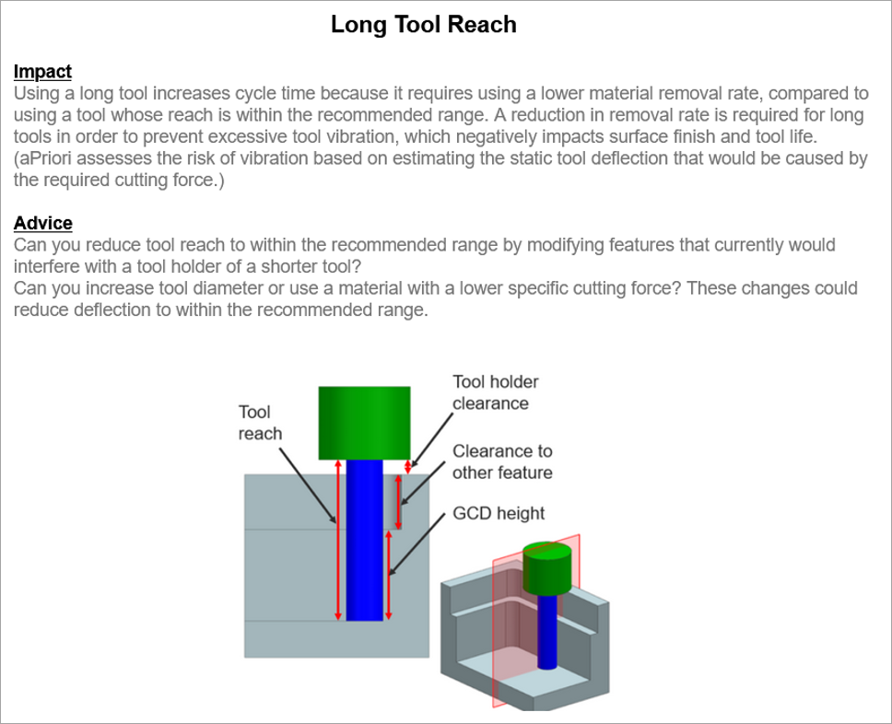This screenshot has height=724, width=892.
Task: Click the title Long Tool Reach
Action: [424, 25]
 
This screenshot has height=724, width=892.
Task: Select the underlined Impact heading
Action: [42, 72]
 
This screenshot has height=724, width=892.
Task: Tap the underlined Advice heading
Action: [43, 223]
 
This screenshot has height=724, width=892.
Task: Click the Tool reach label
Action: [260, 423]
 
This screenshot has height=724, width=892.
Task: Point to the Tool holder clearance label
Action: [496, 392]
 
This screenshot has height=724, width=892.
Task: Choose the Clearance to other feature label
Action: [502, 461]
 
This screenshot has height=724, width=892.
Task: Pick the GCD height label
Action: [499, 514]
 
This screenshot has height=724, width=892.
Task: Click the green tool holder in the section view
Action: [364, 423]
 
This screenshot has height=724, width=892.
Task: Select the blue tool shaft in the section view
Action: [365, 541]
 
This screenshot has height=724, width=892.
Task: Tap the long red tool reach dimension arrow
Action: [338, 540]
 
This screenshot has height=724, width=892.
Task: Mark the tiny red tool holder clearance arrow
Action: [408, 467]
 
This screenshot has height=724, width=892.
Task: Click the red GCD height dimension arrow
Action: [389, 575]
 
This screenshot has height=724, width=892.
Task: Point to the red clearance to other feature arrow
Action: [398, 502]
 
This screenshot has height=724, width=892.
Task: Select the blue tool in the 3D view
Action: [547, 631]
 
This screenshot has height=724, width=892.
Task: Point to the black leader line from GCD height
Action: [417, 544]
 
